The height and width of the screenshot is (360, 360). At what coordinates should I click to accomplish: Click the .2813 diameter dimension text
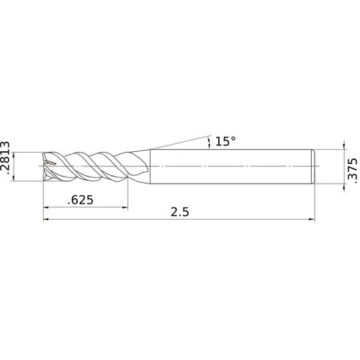[x=6, y=166]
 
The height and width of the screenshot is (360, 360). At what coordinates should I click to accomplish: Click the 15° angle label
[x=225, y=141]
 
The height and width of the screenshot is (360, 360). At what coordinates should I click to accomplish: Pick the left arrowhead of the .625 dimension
[x=48, y=208]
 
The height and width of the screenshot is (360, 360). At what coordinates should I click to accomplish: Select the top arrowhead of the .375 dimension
[x=338, y=151]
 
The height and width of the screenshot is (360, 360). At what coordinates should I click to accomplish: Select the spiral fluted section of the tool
[x=90, y=166]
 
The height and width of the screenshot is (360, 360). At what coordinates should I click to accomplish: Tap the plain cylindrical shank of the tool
[x=230, y=166]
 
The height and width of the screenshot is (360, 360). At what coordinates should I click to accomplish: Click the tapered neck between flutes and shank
[x=144, y=166]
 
